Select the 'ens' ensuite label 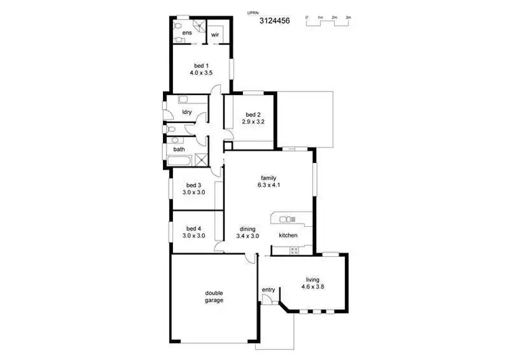click(187, 32)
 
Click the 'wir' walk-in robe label click(215, 34)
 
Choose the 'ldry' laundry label click(187, 112)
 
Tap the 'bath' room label click(178, 149)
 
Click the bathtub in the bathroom click(181, 161)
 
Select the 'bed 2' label click(252, 114)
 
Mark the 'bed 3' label click(193, 185)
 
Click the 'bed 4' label click(193, 229)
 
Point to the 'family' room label click(269, 178)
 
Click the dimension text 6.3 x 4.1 click(269, 185)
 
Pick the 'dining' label click(248, 229)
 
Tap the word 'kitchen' click(288, 236)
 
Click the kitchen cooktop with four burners click(295, 251)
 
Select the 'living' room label click(313, 279)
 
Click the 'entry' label click(268, 290)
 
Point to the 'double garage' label click(214, 297)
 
